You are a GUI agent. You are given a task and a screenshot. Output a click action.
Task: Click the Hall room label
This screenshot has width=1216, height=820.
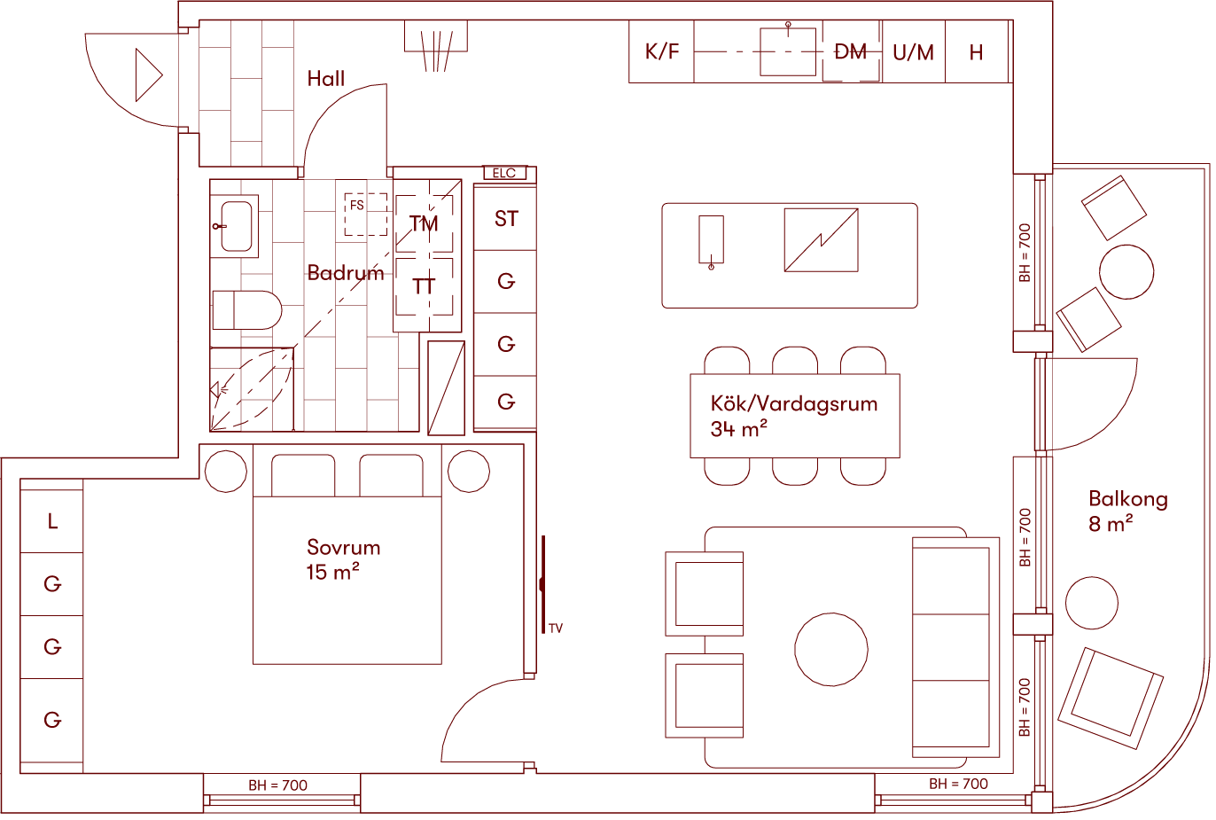tap(325, 79)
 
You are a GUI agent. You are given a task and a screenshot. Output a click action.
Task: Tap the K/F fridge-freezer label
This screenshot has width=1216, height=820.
tap(662, 51)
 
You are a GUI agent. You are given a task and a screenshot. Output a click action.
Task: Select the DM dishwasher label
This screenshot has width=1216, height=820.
tap(851, 52)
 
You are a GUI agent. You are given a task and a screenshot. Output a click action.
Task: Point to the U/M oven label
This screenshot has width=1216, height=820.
tap(913, 52)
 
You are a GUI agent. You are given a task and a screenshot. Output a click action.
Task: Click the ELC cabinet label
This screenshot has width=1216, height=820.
tap(504, 174)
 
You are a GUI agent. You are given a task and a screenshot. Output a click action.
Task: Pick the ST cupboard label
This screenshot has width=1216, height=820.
tap(506, 219)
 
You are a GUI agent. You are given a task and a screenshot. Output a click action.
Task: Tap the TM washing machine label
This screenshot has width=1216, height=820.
tap(425, 224)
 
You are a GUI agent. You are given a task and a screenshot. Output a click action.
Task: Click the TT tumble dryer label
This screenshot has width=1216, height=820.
tap(425, 286)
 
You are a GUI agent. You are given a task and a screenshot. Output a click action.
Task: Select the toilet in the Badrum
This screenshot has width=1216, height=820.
tap(246, 310)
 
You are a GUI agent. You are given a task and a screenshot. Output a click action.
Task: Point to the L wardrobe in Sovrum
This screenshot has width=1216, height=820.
tap(52, 521)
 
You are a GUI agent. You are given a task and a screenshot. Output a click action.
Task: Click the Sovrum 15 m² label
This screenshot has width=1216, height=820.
tap(343, 559)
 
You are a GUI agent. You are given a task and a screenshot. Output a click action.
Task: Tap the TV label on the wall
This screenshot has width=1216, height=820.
tap(556, 629)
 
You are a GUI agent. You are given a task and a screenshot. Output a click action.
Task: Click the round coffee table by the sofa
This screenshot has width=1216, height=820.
tap(830, 649)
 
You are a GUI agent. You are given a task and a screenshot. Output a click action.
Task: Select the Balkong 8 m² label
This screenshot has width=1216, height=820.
tap(1127, 512)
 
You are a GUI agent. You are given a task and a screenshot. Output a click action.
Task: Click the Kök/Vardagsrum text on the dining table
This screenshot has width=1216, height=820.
tap(793, 404)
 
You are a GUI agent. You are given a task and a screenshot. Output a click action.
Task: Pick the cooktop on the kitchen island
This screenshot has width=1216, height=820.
tap(821, 240)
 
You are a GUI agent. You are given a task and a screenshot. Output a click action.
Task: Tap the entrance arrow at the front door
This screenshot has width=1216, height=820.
tap(148, 75)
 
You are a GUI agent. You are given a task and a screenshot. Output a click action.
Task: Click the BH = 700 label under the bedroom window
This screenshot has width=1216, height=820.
tap(278, 785)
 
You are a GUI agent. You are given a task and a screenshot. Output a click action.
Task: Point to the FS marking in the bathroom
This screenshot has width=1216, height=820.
tap(356, 206)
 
